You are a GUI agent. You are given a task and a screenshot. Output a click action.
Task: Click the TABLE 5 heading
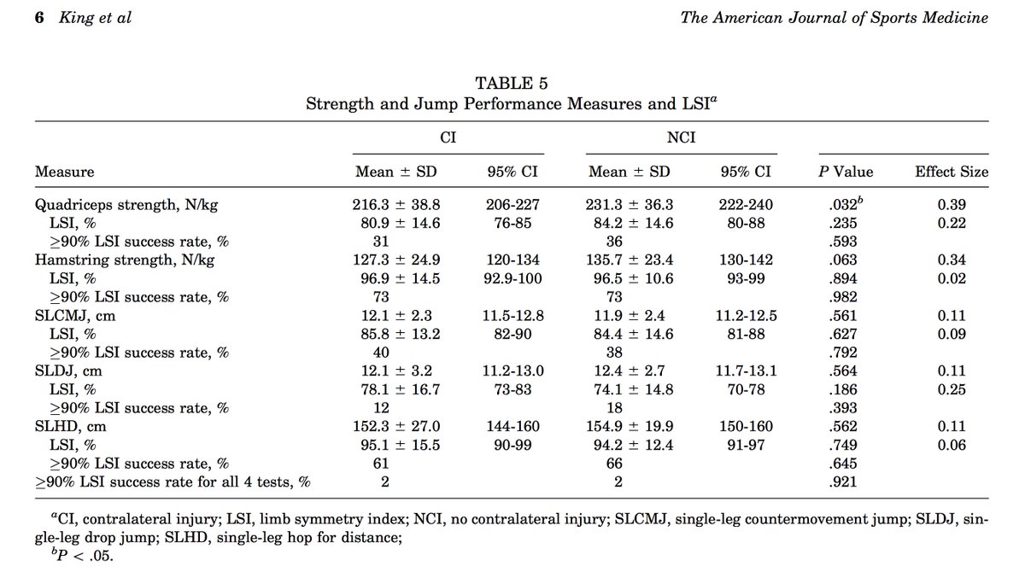pos(512,84)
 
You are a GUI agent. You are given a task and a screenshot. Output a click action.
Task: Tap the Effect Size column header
pos(952,172)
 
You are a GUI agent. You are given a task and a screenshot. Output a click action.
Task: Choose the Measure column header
pos(65,172)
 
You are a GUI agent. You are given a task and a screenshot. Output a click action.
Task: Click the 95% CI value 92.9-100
pos(511,279)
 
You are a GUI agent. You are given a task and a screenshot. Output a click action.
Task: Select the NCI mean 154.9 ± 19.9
pos(630,426)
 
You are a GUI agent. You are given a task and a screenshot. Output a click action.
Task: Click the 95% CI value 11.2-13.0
pos(511,371)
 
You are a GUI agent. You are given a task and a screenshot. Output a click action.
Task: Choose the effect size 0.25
pos(952,389)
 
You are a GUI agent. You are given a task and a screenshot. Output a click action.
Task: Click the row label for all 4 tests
pos(172,482)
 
